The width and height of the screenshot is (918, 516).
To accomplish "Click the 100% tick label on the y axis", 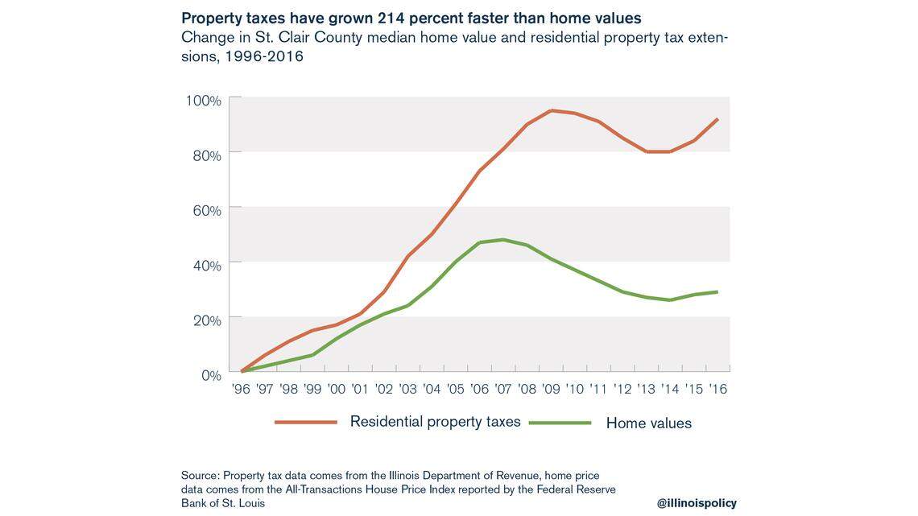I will coord(203,101).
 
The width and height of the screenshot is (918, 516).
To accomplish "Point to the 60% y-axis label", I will coord(206,211).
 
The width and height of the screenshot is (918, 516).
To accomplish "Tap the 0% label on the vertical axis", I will coord(210,375).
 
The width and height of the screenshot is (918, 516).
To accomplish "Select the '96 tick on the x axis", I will coord(241,389).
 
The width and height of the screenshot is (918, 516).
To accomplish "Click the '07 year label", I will coord(503,389).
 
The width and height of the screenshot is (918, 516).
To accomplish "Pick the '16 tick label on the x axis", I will coord(717,389).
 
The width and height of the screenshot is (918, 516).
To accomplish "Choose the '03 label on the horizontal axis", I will coord(408,389).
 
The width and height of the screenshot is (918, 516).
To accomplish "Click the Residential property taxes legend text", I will coord(435,421).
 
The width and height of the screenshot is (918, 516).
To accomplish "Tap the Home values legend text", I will coord(648,423).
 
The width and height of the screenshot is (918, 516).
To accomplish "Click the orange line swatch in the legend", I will coord(305,422).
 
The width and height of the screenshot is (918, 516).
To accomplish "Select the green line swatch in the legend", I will coord(560,423).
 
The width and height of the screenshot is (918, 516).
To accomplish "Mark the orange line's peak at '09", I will coord(552,110).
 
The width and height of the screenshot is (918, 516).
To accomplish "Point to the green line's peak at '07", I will coord(503,239).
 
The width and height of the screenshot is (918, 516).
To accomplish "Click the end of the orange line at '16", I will coord(717,119).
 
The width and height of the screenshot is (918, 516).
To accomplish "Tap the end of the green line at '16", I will coord(717,291).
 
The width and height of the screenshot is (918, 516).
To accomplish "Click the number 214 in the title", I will coord(393,18).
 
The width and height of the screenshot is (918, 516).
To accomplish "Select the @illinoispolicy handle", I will coord(696,502).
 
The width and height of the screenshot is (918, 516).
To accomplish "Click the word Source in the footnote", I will coord(199,476).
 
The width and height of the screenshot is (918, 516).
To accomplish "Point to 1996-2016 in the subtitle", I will coord(263,56).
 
